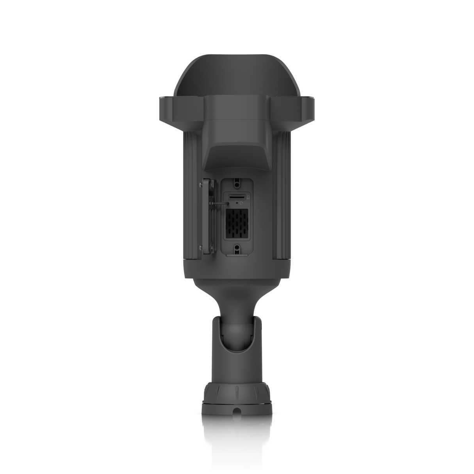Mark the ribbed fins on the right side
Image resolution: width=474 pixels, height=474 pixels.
point(284,195)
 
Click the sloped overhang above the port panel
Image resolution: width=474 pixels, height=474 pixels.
point(237,158)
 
